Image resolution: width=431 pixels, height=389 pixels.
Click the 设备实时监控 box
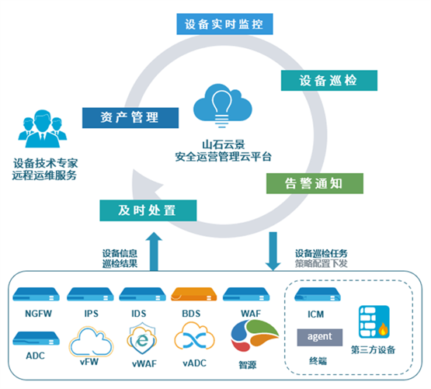click(x=224, y=24)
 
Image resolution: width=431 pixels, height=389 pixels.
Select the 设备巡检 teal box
click(x=329, y=80)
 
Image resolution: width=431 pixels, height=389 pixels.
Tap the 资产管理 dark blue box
click(x=130, y=118)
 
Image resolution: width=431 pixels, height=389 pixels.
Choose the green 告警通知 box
click(x=315, y=183)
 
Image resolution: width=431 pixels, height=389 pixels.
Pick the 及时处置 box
click(x=148, y=210)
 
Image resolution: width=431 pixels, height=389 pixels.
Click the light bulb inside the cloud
click(x=222, y=109)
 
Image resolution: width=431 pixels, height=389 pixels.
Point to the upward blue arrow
click(x=154, y=252)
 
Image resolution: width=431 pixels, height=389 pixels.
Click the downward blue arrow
click(x=273, y=252)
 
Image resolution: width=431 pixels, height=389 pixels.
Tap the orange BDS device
click(x=194, y=294)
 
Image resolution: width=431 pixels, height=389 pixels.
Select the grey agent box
click(x=320, y=337)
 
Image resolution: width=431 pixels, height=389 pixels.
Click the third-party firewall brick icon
click(x=374, y=321)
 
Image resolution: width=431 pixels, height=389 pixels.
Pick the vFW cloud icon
click(x=91, y=341)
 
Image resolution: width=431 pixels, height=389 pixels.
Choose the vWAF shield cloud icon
click(x=141, y=339)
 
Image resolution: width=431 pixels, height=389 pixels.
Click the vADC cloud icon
click(x=194, y=336)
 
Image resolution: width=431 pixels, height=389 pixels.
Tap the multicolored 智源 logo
click(x=255, y=335)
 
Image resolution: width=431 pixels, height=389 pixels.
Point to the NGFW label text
click(x=38, y=314)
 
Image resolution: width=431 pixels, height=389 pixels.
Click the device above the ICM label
click(x=318, y=294)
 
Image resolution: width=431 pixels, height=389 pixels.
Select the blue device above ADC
click(x=36, y=338)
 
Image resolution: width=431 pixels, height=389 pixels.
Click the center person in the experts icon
click(x=43, y=129)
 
